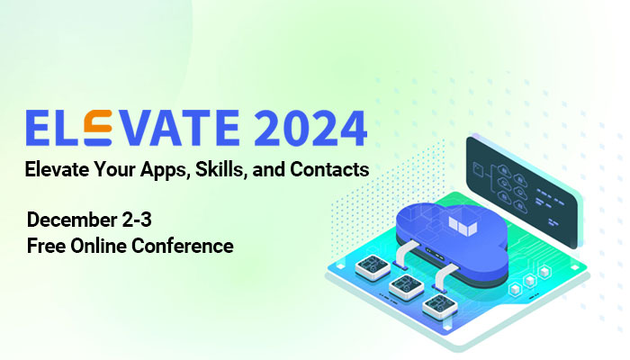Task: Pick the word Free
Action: (44, 245)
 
